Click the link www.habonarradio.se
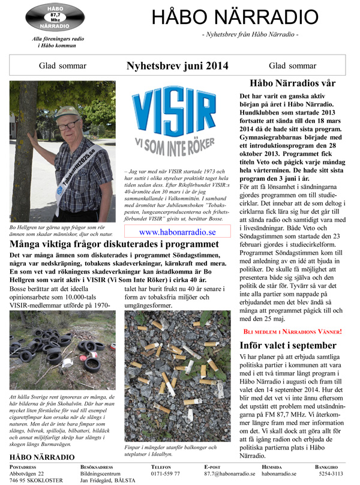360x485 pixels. [177, 232]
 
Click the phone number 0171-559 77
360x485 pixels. [166, 474]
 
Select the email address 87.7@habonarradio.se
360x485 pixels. [230, 474]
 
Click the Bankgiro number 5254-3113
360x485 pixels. [331, 474]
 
